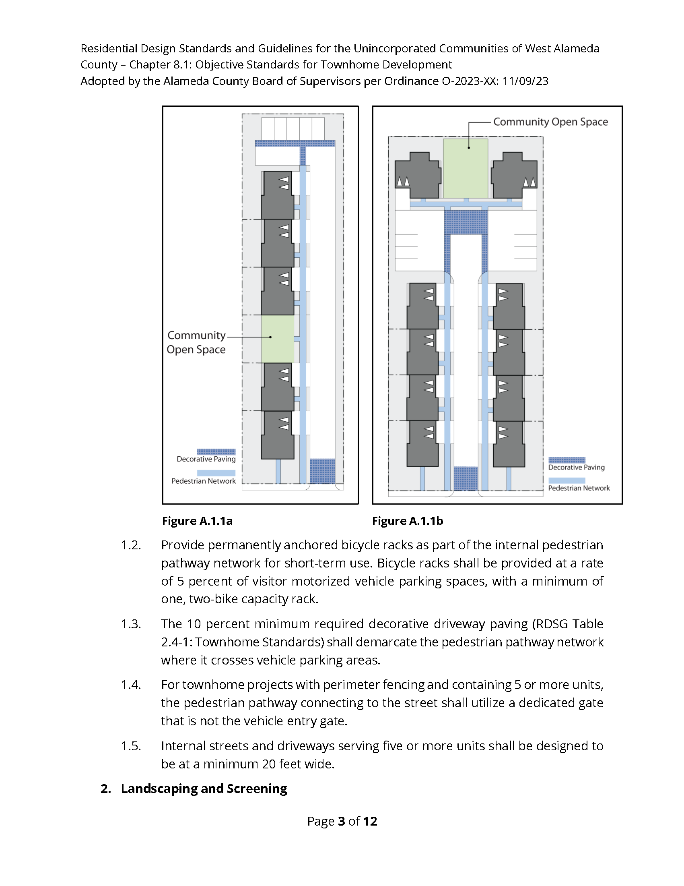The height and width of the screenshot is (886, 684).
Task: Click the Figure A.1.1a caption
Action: (197, 521)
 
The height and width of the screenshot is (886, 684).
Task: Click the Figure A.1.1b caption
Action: (407, 521)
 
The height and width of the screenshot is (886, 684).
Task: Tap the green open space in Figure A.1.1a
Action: (277, 339)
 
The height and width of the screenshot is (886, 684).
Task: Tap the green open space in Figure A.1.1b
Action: (465, 168)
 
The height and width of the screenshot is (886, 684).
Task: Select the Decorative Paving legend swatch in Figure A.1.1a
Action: (216, 451)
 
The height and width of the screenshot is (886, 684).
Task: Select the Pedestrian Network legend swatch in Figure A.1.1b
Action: (567, 480)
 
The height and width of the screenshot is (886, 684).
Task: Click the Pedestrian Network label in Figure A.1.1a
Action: (204, 481)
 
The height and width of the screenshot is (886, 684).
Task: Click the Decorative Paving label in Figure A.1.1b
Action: (576, 467)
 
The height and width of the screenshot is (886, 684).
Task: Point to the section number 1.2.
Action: (131, 545)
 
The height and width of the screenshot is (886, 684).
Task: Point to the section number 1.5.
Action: (131, 746)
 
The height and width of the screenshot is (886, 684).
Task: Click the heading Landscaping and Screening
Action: (204, 789)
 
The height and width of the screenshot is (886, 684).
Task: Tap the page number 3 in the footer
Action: (341, 821)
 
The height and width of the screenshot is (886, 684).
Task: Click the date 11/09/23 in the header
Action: (525, 81)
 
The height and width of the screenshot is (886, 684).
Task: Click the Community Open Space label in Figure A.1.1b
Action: (550, 122)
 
